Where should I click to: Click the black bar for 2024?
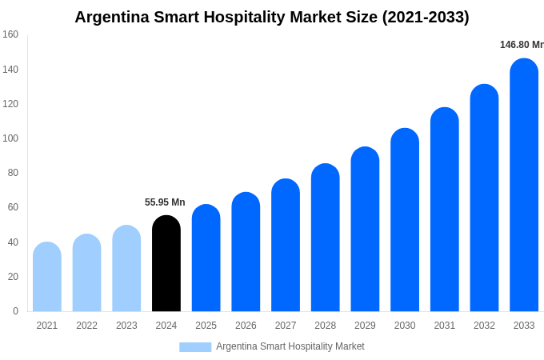tap(166, 264)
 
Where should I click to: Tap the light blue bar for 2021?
tap(47, 277)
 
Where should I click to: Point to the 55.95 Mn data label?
tap(165, 202)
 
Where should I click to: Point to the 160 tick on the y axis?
tap(10, 34)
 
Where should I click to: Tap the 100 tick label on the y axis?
tap(10, 138)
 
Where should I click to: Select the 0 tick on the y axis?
tap(15, 311)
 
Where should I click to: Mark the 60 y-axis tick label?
tap(13, 207)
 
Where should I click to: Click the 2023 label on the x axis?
tap(126, 326)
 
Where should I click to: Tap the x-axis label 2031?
tap(445, 326)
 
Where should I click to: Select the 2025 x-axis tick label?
tap(206, 326)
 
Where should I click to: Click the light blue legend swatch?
tap(195, 347)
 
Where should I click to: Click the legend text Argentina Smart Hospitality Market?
tap(290, 346)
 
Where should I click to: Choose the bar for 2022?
tap(87, 273)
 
